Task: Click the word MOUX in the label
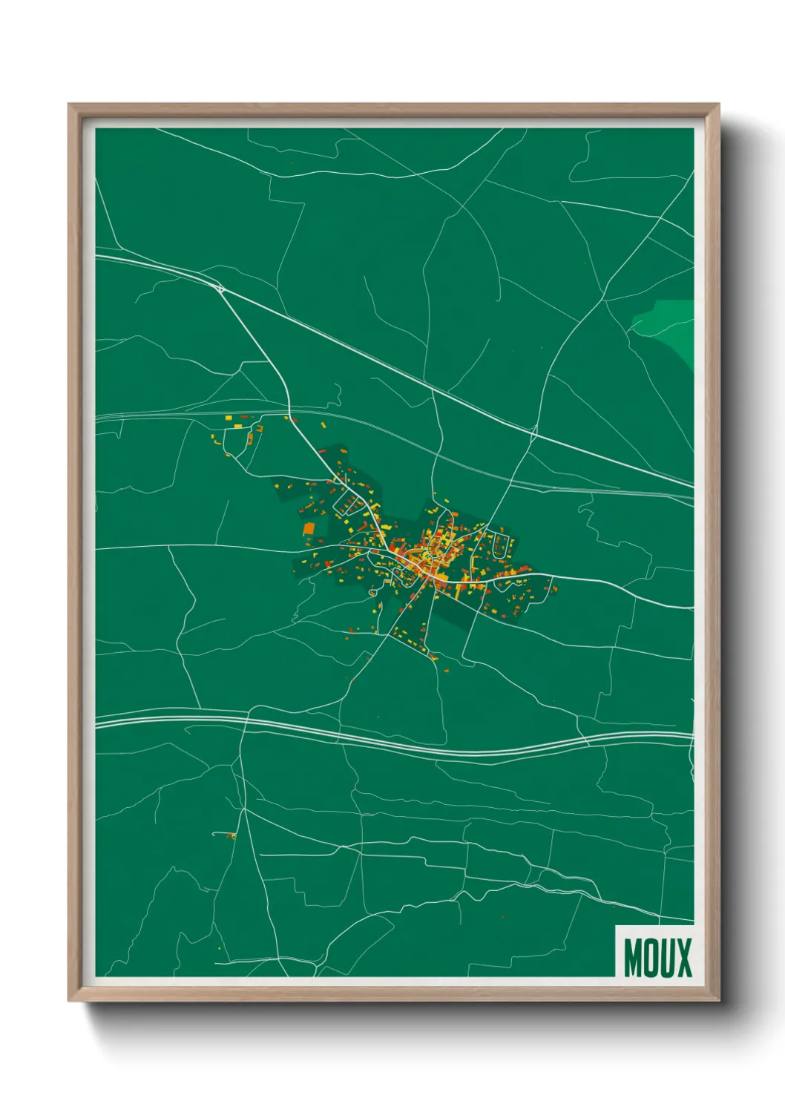coord(657,958)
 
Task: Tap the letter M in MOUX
coord(634,958)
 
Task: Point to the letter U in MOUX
coord(667,958)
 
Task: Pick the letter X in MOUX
coord(683,958)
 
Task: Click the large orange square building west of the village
coord(309,528)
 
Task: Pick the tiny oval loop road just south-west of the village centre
coord(372,593)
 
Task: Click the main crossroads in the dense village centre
coord(421,565)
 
